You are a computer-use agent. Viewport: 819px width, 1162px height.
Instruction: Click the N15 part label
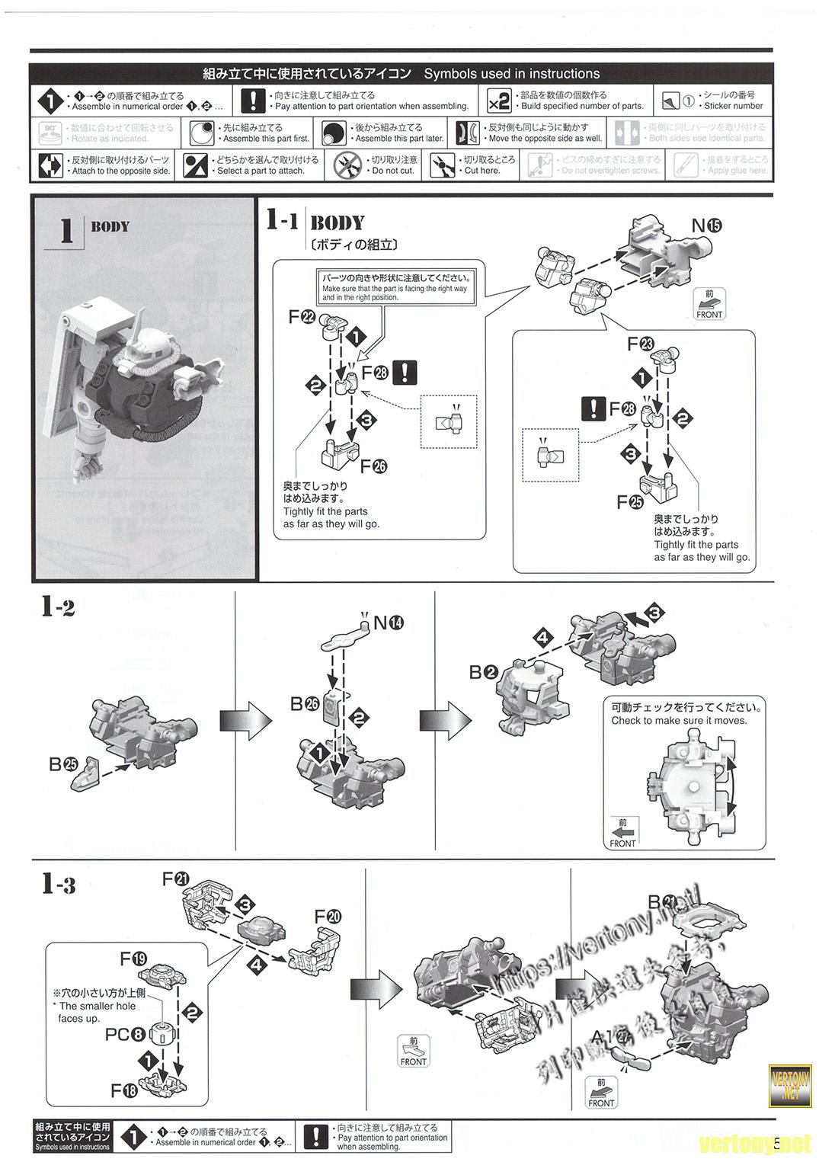point(705,226)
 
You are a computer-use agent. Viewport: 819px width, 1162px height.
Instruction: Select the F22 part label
point(302,318)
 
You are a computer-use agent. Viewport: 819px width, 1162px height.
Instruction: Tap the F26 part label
point(373,466)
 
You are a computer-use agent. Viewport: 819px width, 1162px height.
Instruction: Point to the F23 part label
point(641,344)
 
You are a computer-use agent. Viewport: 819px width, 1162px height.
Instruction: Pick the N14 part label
point(388,623)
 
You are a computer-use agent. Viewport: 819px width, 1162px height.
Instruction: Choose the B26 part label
point(304,704)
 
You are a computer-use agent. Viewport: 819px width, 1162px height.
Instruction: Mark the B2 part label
point(483,672)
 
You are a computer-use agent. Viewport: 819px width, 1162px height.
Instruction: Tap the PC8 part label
point(126,1035)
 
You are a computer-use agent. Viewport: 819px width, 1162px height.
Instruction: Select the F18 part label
point(124,1091)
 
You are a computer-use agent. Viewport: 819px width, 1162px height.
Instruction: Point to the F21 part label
point(176,879)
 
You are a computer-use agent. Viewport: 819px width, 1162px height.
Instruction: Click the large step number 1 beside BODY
point(66,231)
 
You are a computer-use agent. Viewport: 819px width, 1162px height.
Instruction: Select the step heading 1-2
point(58,607)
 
